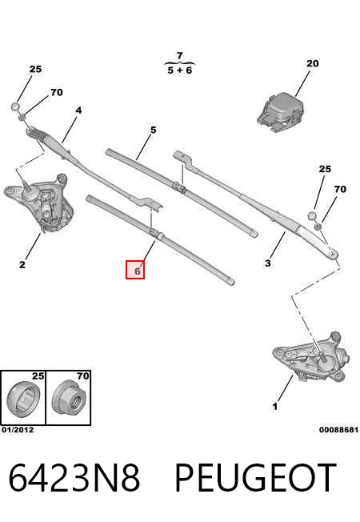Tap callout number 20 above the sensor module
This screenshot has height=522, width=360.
pos(313,63)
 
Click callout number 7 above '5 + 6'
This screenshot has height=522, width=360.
pos(180,55)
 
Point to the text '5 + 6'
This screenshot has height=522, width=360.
pos(180,70)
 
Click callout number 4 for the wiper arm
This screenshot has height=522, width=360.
pos(78,110)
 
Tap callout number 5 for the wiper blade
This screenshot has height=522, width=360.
pos(153,130)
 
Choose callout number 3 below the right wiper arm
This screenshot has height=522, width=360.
pos(268,263)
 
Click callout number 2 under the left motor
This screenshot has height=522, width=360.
pos(22,265)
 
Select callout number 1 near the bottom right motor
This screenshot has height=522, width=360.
pos(275,407)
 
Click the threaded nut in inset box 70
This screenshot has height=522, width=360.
pos(69,397)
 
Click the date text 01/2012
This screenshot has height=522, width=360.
pos(18,430)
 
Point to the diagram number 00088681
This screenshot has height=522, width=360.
pos(338,430)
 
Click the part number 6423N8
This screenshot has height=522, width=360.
pos(74,477)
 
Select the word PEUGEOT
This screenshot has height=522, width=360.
pos(255,477)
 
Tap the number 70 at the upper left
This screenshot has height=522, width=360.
pos(57,92)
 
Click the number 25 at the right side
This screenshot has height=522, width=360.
pos(325,169)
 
